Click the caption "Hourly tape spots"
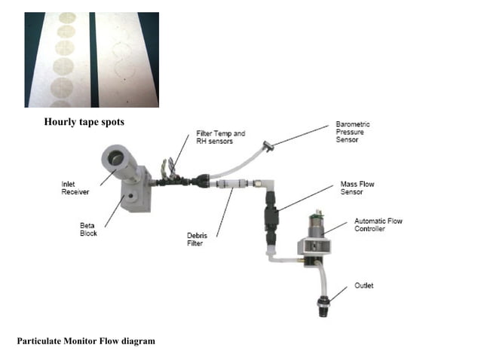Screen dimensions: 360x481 pyautogui.click(x=84, y=122)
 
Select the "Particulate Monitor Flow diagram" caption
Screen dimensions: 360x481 pyautogui.click(x=86, y=341)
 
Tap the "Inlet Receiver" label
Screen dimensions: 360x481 pyautogui.click(x=75, y=188)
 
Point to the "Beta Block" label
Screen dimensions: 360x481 pyautogui.click(x=89, y=228)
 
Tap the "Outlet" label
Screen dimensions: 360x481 pyautogui.click(x=364, y=285)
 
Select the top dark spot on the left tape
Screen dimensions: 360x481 pyautogui.click(x=67, y=17)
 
